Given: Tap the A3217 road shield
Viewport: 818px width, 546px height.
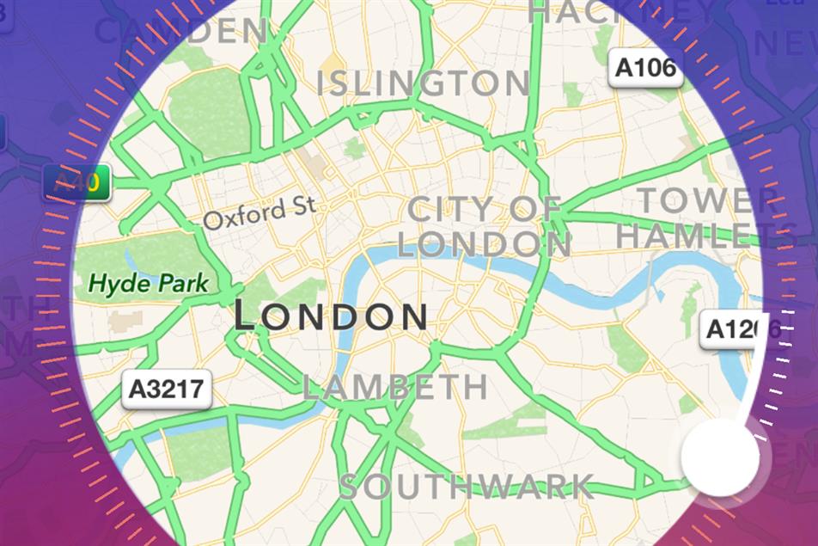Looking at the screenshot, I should tap(167, 389).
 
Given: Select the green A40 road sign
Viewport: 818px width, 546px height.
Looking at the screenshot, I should tap(77, 183).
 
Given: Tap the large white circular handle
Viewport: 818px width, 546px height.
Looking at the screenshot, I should tap(720, 458).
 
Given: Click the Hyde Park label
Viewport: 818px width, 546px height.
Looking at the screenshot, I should tap(150, 282).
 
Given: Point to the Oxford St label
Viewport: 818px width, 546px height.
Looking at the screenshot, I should tap(259, 212).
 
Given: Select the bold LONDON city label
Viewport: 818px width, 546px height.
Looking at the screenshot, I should tap(331, 316).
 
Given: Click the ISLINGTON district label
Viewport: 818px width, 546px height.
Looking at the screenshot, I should tap(423, 83).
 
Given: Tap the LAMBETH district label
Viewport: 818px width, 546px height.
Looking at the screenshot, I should tap(394, 387).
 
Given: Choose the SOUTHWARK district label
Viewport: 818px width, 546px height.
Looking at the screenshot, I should tap(466, 487).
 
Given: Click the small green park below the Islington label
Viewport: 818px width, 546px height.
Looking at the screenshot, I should tap(355, 148).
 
